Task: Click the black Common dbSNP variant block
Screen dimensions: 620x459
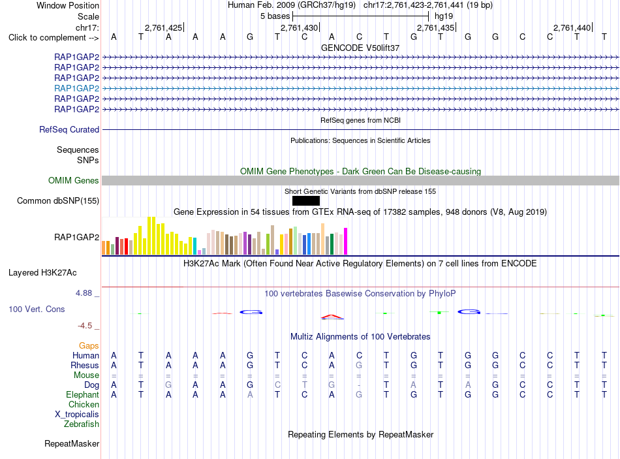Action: [x=305, y=200]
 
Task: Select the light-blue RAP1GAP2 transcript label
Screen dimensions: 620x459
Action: [x=77, y=88]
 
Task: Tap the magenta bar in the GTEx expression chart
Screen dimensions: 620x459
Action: [x=346, y=241]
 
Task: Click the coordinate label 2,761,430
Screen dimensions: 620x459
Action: [x=299, y=27]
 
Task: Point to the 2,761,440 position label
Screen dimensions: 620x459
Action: [x=572, y=27]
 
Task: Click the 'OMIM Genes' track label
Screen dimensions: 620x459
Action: [x=74, y=180]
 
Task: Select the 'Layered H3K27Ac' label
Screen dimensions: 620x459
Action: [x=42, y=273]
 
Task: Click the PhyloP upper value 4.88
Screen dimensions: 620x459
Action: [x=84, y=293]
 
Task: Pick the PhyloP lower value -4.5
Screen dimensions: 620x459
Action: [x=85, y=326]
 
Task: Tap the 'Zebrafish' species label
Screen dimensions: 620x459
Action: [x=82, y=424]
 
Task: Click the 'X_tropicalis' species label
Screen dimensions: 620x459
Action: [x=77, y=415]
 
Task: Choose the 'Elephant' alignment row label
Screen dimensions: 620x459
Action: [x=83, y=394]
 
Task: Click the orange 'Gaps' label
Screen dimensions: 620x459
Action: [x=89, y=346]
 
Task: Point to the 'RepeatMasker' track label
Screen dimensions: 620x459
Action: [x=72, y=443]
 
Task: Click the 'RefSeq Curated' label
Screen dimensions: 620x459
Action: [x=69, y=129]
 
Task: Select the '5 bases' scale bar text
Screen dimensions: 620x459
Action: [x=275, y=16]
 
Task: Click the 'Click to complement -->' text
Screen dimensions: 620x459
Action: [x=54, y=38]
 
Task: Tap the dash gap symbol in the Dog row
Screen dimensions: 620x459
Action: [x=359, y=385]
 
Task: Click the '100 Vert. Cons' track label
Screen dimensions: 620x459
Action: [x=37, y=309]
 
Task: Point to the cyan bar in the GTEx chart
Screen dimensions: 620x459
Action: [x=194, y=245]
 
